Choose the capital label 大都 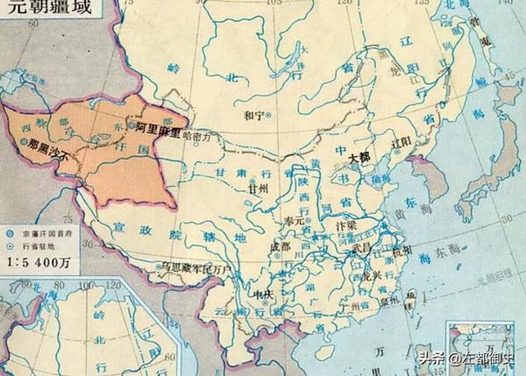[360, 158]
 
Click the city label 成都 [281, 248]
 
